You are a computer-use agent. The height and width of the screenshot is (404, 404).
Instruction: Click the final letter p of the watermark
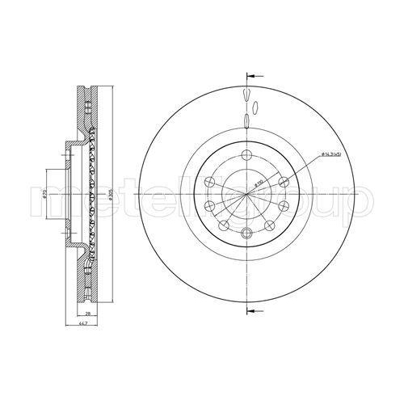(x=360, y=199)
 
